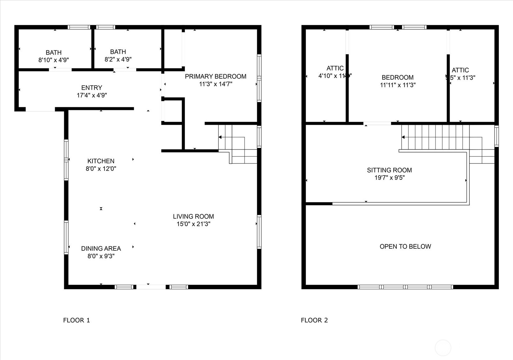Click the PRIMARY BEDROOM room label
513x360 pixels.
[215, 76]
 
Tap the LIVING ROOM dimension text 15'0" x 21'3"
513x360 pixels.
[193, 224]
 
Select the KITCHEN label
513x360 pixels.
[101, 161]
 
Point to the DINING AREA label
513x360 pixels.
[101, 249]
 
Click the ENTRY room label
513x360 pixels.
[92, 88]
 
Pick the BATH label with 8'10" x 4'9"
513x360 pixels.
[54, 53]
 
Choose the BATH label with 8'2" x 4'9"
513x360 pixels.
[118, 52]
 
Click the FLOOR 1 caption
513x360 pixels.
[76, 320]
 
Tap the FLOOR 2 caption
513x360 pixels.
[314, 320]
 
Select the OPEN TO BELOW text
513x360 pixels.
[405, 246]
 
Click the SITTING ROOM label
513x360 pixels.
[389, 170]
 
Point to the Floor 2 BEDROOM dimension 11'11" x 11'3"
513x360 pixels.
[398, 85]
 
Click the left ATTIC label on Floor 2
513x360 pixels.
[335, 68]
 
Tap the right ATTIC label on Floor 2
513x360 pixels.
[460, 70]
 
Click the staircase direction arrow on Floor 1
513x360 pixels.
[220, 137]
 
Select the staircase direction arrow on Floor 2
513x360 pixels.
[403, 137]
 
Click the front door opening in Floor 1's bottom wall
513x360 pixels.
[151, 287]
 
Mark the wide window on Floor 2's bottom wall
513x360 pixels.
[405, 287]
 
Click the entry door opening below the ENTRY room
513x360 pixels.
[40, 109]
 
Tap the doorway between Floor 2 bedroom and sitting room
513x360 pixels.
[377, 124]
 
